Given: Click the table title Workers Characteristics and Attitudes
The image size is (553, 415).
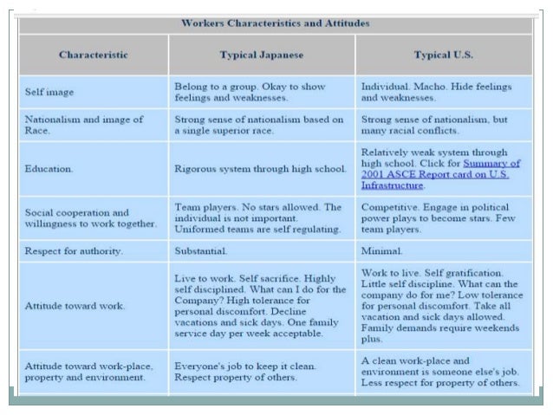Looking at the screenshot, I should (276, 23).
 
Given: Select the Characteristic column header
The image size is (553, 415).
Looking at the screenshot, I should (94, 55).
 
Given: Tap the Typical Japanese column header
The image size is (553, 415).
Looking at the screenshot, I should (261, 55).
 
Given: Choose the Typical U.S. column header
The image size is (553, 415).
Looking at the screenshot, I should (443, 55).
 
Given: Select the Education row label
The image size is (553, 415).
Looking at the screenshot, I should (51, 168).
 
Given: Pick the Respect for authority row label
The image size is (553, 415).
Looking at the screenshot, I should (74, 251).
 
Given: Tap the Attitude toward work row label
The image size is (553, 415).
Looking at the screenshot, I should (75, 306).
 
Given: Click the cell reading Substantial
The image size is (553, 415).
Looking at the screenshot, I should (201, 251).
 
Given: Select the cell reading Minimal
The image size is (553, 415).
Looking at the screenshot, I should (382, 251).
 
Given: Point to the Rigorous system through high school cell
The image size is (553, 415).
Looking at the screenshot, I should (260, 168).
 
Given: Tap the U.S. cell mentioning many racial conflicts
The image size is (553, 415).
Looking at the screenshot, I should (433, 125).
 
